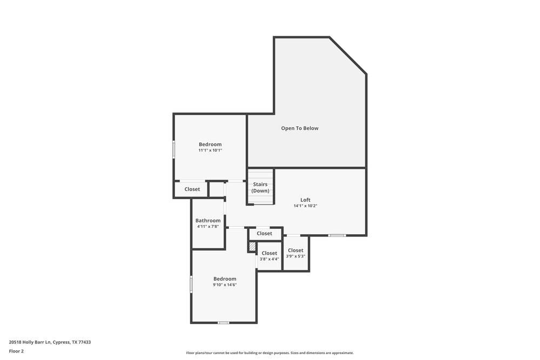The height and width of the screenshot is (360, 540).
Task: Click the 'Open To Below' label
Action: click(x=300, y=128)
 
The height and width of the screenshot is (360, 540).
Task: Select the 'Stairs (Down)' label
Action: click(x=260, y=187)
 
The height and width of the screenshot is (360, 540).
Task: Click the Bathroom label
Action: click(x=208, y=221)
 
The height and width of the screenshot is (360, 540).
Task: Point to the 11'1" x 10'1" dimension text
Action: click(x=210, y=151)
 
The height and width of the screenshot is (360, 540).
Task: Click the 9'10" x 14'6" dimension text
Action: click(x=225, y=285)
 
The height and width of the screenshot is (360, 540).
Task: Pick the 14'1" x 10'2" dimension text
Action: click(x=305, y=206)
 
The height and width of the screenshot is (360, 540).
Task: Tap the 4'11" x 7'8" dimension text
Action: click(x=208, y=227)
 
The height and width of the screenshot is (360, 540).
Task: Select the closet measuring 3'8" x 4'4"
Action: click(x=269, y=256)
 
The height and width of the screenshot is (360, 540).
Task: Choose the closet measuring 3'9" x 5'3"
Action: click(x=295, y=253)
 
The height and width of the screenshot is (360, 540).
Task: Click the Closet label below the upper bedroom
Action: click(x=192, y=189)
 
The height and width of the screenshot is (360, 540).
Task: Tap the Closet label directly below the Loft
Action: click(x=265, y=234)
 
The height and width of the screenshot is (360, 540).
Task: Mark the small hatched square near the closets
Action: click(x=252, y=247)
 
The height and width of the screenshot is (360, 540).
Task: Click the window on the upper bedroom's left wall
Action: click(x=173, y=150)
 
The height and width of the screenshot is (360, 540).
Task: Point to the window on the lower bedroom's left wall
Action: click(x=191, y=284)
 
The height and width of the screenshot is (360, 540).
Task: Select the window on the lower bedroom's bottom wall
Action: click(x=224, y=323)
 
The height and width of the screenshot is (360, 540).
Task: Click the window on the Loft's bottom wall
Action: click(x=337, y=235)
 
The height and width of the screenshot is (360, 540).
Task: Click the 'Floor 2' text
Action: click(x=16, y=351)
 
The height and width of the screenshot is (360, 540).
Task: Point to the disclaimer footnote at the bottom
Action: click(x=270, y=353)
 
